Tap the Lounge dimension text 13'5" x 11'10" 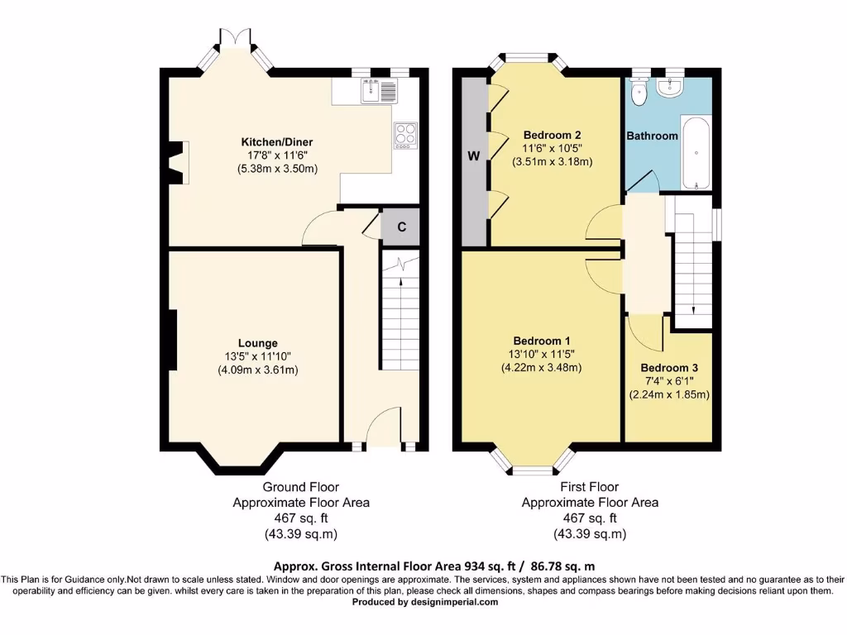(x=257, y=356)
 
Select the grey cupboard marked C (x=401, y=227)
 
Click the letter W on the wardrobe (x=474, y=157)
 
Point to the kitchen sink (x=371, y=90)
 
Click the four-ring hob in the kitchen (x=405, y=134)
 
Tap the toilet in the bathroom (x=638, y=95)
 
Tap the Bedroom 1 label (x=541, y=341)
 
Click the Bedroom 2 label (x=552, y=136)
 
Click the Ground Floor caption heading (x=300, y=487)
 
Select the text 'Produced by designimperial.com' (x=425, y=602)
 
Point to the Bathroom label (x=652, y=136)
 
